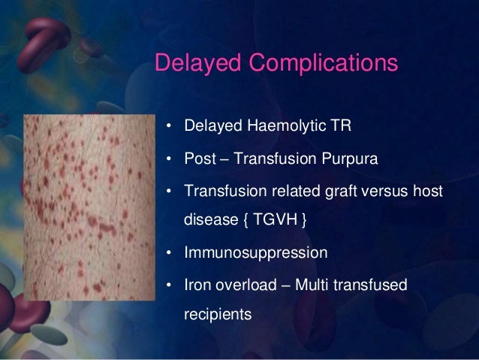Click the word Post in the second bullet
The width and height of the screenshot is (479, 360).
[199, 159]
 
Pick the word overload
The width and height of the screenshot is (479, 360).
[245, 286]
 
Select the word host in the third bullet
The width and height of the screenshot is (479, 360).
[427, 192]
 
